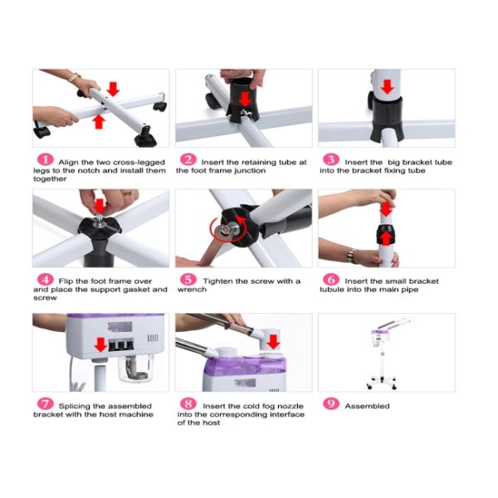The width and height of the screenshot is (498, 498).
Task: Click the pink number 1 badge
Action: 46,159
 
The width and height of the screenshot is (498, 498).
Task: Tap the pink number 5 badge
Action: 188,279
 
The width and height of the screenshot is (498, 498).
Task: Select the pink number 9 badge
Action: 331,403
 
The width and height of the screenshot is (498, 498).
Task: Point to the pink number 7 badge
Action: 46,403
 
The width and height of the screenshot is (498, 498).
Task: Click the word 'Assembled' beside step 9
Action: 367,406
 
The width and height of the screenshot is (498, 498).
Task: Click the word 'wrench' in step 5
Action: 192,290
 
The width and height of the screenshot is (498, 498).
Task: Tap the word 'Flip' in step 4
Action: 66,281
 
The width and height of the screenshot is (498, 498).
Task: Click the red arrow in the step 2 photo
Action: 245,99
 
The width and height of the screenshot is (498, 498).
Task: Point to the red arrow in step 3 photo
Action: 387,86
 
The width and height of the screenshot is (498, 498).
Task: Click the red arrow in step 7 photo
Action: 100,344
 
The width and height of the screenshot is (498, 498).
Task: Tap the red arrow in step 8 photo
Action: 273,342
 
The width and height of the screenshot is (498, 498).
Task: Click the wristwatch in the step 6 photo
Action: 351,256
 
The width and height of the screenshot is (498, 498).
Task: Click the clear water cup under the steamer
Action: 135,368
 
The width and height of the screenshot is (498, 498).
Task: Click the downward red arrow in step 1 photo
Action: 113,89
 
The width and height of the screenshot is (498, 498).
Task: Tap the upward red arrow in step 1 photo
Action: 99,122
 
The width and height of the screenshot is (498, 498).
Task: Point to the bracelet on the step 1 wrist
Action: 74,77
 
